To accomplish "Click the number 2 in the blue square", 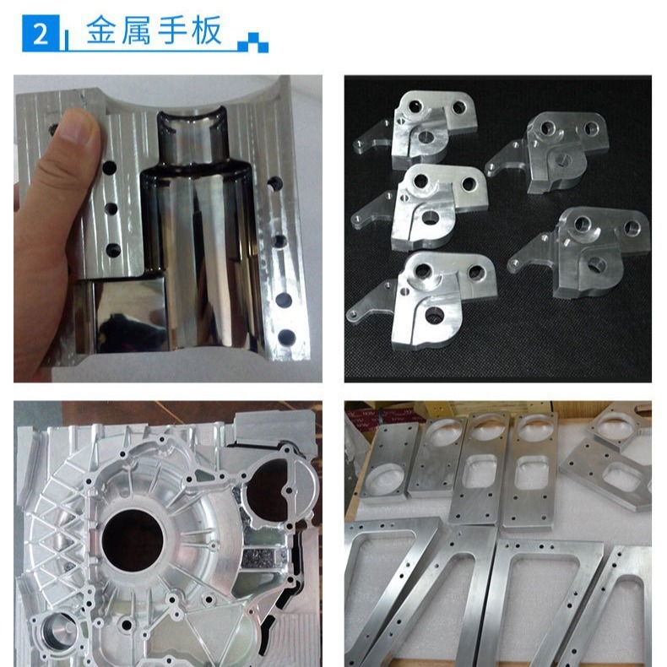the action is tap(41, 34).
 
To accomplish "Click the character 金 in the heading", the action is tap(101, 30).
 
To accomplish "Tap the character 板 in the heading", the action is tap(207, 30).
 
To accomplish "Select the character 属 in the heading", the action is tap(136, 30).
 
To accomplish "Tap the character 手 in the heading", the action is tap(172, 30).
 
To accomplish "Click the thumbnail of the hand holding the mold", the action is tap(168, 229).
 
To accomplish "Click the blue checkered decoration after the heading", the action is tap(253, 42).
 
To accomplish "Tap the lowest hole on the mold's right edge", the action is tap(286, 338).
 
